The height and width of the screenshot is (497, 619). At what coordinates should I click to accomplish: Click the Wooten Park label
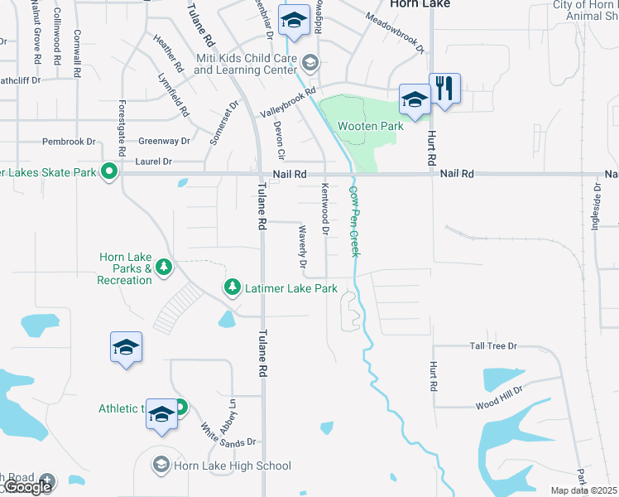pyautogui.click(x=370, y=126)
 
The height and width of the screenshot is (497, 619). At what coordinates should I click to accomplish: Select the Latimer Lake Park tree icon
pyautogui.click(x=233, y=287)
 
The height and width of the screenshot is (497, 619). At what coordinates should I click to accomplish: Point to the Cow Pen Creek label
pyautogui.click(x=354, y=220)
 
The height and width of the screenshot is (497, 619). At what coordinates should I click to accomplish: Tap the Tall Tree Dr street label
pyautogui.click(x=493, y=346)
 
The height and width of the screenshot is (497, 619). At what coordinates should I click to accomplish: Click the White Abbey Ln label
pyautogui.click(x=220, y=418)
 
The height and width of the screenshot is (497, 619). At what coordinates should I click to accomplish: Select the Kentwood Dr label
pyautogui.click(x=325, y=207)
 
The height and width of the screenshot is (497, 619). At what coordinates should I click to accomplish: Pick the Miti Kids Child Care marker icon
pyautogui.click(x=309, y=61)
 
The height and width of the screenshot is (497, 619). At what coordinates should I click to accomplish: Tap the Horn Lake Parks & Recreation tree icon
pyautogui.click(x=164, y=266)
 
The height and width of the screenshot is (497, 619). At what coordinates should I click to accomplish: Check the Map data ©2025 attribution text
pyautogui.click(x=583, y=490)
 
